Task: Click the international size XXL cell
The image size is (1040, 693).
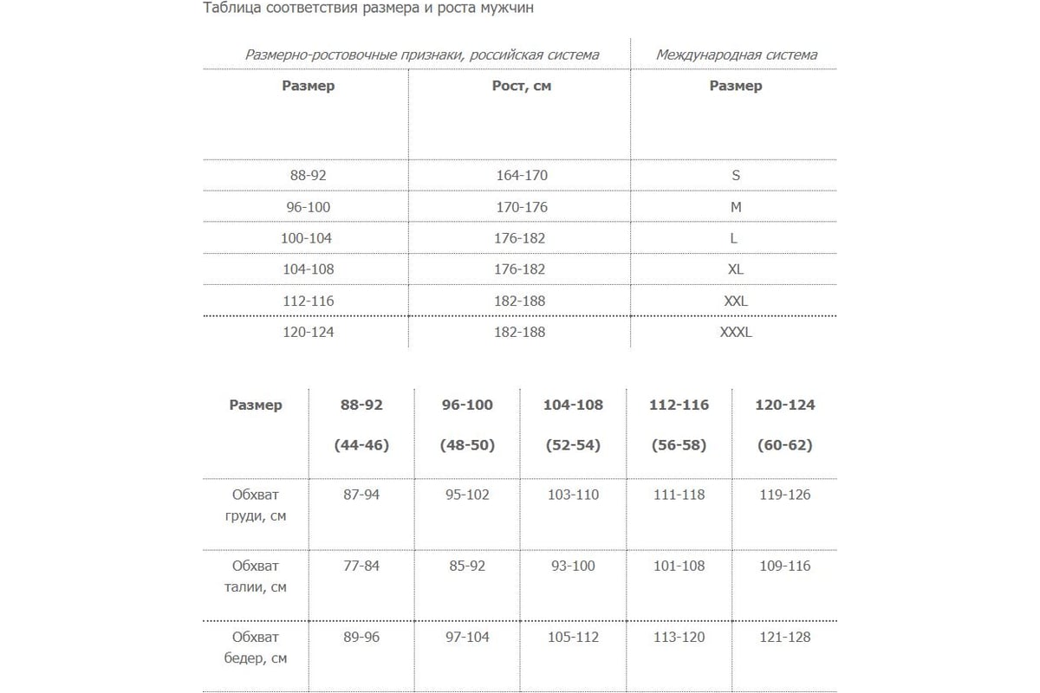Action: tap(735, 301)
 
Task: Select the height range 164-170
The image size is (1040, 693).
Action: tap(521, 175)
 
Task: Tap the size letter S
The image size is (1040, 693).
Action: tap(735, 175)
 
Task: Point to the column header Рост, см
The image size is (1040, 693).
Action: tap(521, 86)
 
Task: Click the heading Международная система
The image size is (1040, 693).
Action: tap(735, 55)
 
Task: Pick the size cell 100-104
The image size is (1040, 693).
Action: tap(307, 238)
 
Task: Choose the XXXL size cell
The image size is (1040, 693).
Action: tap(735, 332)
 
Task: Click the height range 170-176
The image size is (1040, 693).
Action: tap(521, 207)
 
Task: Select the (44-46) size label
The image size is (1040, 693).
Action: tap(361, 445)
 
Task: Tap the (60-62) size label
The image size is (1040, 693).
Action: tap(784, 445)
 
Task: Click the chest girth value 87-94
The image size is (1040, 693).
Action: tap(361, 495)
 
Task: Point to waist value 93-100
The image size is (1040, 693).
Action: tap(573, 566)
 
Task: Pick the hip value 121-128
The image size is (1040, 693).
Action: tap(784, 637)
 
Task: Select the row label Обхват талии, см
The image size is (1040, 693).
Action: tap(256, 576)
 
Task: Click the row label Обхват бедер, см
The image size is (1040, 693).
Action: tap(256, 647)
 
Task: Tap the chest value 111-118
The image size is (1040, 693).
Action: tap(679, 495)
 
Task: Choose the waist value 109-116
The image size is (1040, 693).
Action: tap(784, 566)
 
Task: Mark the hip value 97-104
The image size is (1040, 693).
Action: tap(467, 637)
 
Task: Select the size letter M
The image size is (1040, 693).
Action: tap(735, 207)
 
